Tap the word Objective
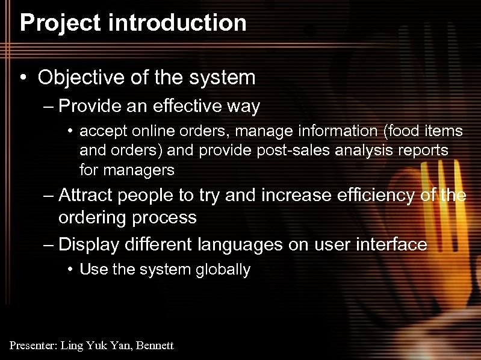tap(79, 77)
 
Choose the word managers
tap(138, 170)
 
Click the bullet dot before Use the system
tap(70, 269)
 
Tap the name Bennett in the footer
tap(155, 346)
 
